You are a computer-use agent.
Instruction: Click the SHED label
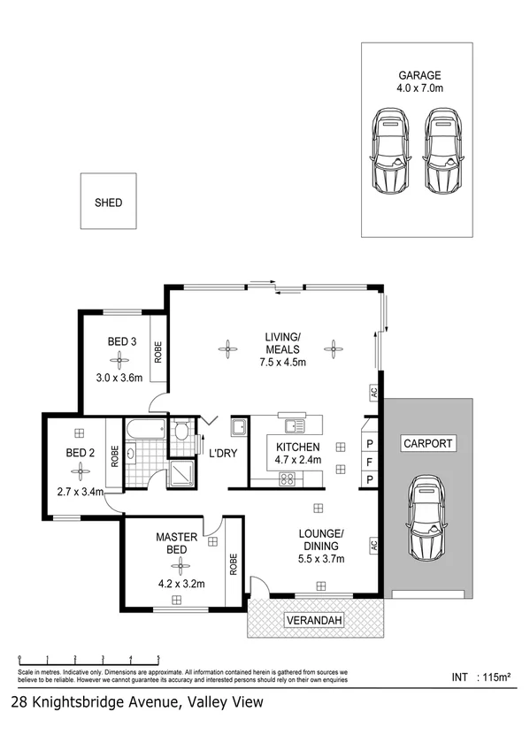point(108,203)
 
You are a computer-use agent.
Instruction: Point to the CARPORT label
point(427,443)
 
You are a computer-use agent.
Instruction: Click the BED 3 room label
point(122,341)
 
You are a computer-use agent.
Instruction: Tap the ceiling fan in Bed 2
point(80,472)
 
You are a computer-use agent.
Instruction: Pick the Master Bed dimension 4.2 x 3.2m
point(181,583)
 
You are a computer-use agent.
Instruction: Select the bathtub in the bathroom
point(145,429)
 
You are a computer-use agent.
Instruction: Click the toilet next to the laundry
point(181,431)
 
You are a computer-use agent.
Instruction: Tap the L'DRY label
point(221,454)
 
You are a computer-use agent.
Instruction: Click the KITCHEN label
point(297,447)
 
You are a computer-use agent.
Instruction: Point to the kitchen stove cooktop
point(288,479)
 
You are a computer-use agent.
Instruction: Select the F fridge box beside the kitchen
point(369,461)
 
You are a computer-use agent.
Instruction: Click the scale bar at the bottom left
point(88,660)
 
